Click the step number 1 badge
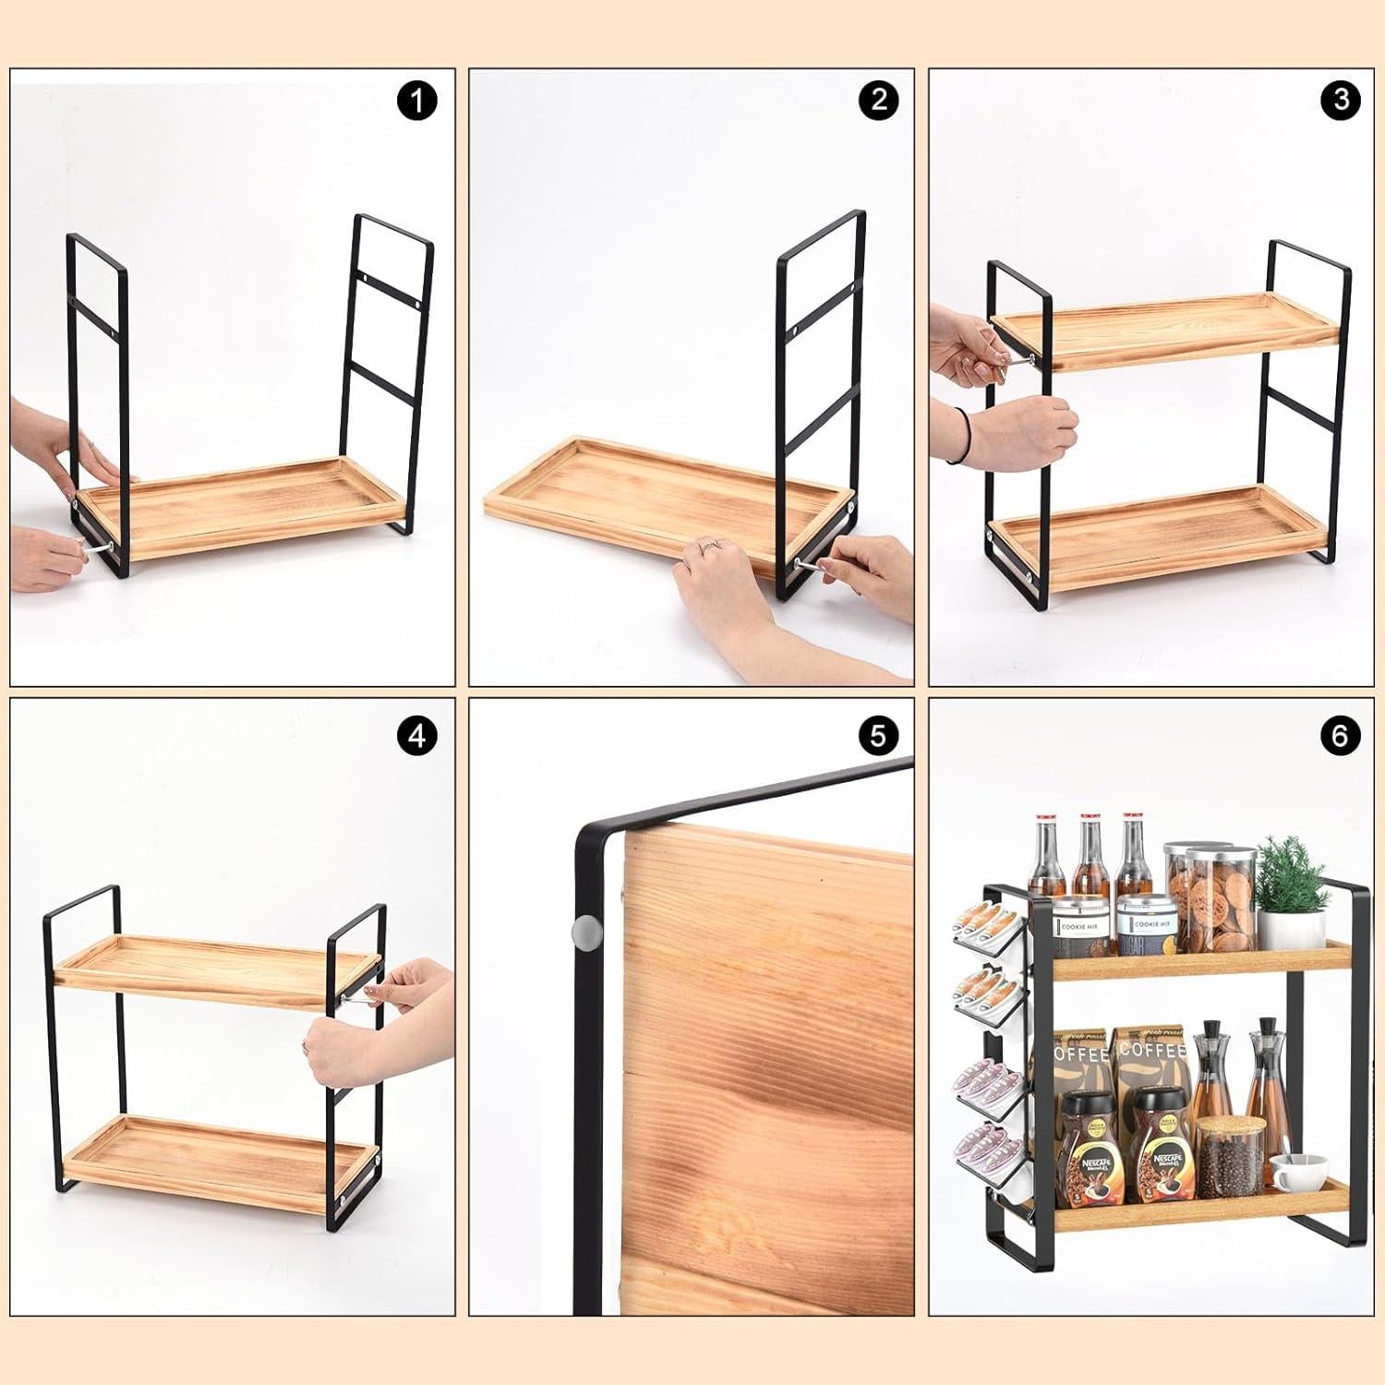[x=417, y=101]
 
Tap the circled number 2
[x=877, y=101]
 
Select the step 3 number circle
[x=1341, y=101]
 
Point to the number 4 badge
[x=417, y=736]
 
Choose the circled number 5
[x=877, y=736]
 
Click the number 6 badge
[x=1341, y=736]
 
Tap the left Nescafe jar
[x=1088, y=1150]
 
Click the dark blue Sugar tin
[x=1146, y=927]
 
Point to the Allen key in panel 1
[x=93, y=548]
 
